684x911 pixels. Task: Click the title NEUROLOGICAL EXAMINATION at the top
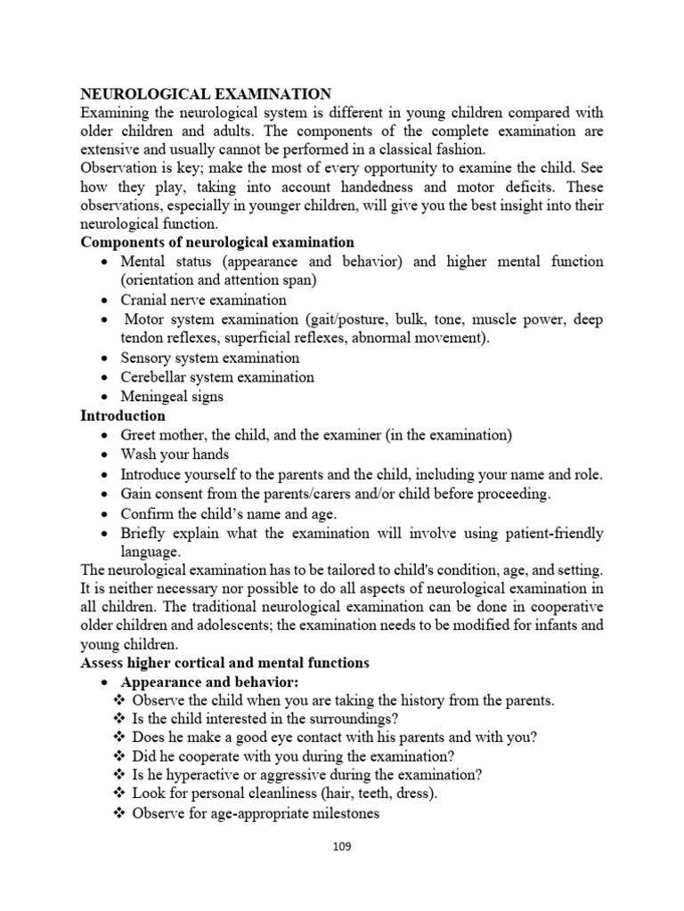(x=207, y=93)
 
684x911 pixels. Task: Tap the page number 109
(x=341, y=846)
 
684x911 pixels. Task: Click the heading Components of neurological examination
(x=217, y=242)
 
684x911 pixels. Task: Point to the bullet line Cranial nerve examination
(x=204, y=300)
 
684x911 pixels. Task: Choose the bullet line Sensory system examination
(x=210, y=358)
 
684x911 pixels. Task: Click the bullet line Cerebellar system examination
(x=217, y=377)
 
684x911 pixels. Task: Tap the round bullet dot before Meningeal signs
(x=106, y=397)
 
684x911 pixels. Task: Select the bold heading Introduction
(x=123, y=415)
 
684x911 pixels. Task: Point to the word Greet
(x=140, y=435)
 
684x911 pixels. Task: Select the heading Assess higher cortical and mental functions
(x=224, y=663)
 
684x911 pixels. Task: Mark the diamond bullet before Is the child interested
(x=120, y=719)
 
